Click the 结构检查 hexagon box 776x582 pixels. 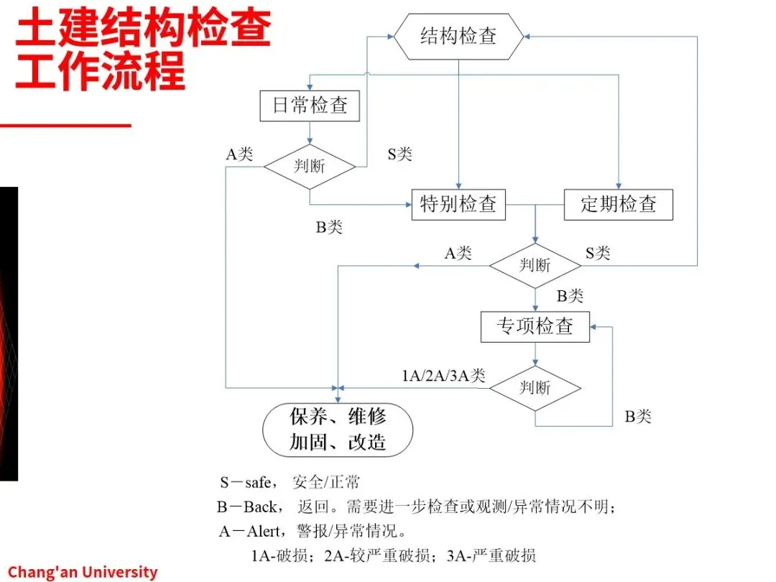point(458,37)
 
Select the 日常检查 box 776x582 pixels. point(310,106)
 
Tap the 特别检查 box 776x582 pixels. point(458,204)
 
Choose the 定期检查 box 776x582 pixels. point(619,204)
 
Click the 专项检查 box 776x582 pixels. point(535,326)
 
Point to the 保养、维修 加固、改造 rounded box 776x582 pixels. point(338,429)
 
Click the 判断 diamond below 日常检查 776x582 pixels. point(310,166)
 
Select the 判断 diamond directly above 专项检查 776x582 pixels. point(535,265)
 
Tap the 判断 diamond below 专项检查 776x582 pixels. point(535,388)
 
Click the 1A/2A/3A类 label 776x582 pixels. point(443,375)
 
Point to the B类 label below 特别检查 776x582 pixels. point(330,228)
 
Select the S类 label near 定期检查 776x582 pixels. point(598,252)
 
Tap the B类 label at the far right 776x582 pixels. point(638,417)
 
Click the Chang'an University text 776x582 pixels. point(83,572)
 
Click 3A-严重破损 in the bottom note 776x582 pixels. point(491,555)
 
